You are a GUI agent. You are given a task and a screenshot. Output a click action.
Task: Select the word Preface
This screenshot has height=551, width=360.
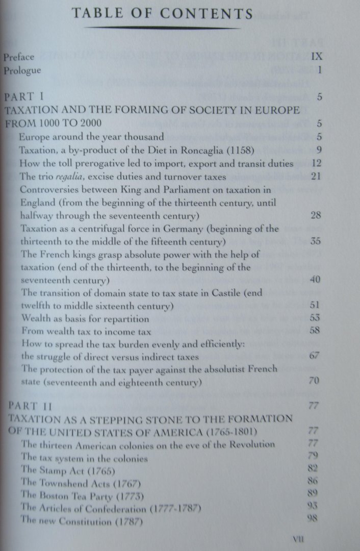19,57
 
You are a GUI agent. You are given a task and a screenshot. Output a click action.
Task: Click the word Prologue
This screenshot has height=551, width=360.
22,70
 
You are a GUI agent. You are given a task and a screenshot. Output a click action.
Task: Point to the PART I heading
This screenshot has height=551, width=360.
25,96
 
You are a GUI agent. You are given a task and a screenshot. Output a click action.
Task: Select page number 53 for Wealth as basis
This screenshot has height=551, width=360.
315,319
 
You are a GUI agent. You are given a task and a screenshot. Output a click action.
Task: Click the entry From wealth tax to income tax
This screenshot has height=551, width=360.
76,332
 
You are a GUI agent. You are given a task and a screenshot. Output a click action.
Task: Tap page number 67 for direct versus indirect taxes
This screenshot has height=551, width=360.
315,356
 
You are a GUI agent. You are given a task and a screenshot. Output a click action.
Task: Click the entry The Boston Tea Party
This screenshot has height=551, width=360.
82,495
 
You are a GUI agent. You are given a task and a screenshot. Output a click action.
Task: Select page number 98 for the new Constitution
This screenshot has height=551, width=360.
314,519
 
